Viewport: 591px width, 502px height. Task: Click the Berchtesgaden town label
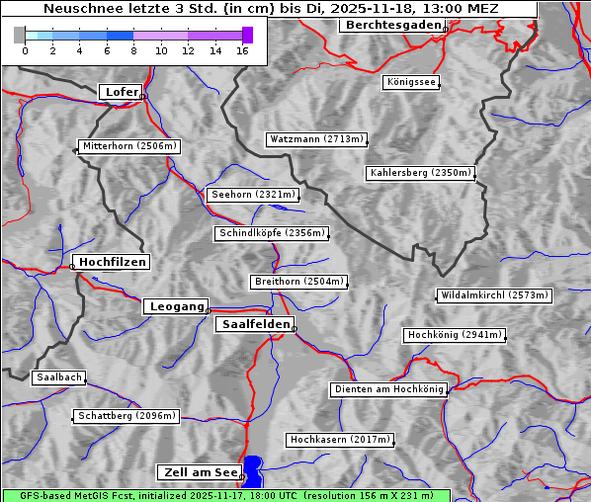(390, 25)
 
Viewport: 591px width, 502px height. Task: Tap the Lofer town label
(122, 92)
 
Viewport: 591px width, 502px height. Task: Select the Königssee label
(411, 82)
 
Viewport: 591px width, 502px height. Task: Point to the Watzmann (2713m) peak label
(316, 139)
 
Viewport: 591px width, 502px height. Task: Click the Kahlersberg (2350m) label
(420, 173)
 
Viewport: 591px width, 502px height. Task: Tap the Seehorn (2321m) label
(253, 195)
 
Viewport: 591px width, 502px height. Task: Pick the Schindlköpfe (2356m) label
(271, 233)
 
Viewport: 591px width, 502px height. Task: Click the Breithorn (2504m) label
(298, 282)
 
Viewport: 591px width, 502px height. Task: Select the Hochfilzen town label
(112, 262)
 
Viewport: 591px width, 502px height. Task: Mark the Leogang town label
(176, 306)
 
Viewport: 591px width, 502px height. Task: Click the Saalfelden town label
(254, 324)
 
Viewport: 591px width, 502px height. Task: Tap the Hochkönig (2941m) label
(455, 335)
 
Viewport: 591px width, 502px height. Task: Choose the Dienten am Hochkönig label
(388, 389)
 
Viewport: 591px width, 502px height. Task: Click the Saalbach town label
(58, 377)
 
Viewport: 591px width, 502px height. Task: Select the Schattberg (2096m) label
(127, 416)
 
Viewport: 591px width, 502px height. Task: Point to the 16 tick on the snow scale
(243, 50)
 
